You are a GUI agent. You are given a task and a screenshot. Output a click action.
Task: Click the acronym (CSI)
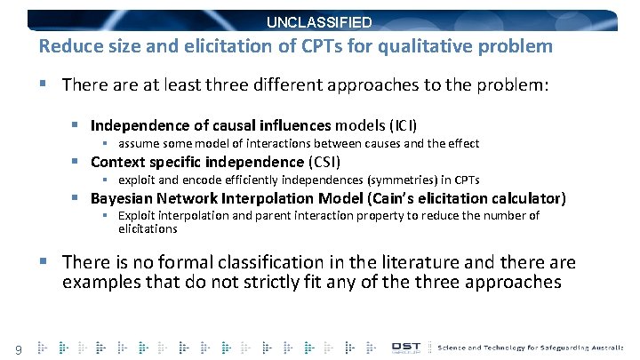[x=324, y=162]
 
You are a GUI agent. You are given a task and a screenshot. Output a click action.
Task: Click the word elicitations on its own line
[x=148, y=228]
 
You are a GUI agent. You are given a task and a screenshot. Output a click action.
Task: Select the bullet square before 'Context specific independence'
[x=77, y=162]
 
